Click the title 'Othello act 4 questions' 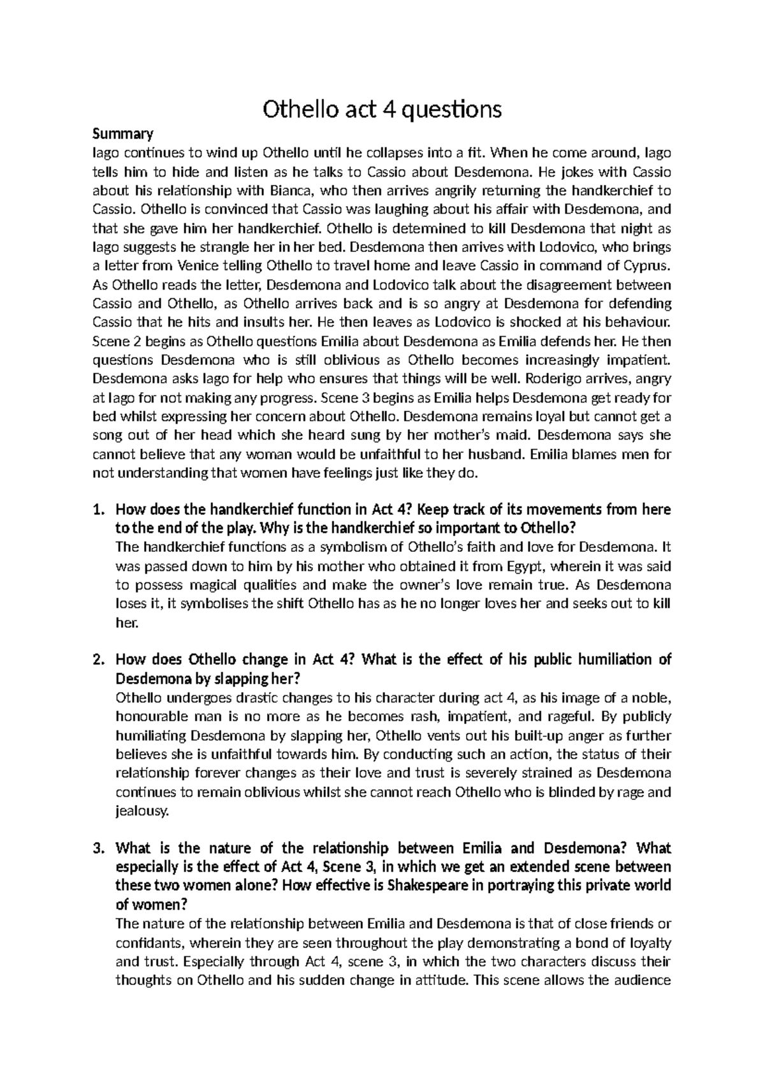(382, 110)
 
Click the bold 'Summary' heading (123, 134)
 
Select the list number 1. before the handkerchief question (98, 510)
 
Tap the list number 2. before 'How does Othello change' (98, 660)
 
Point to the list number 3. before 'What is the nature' (98, 849)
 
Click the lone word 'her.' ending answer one (126, 623)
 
